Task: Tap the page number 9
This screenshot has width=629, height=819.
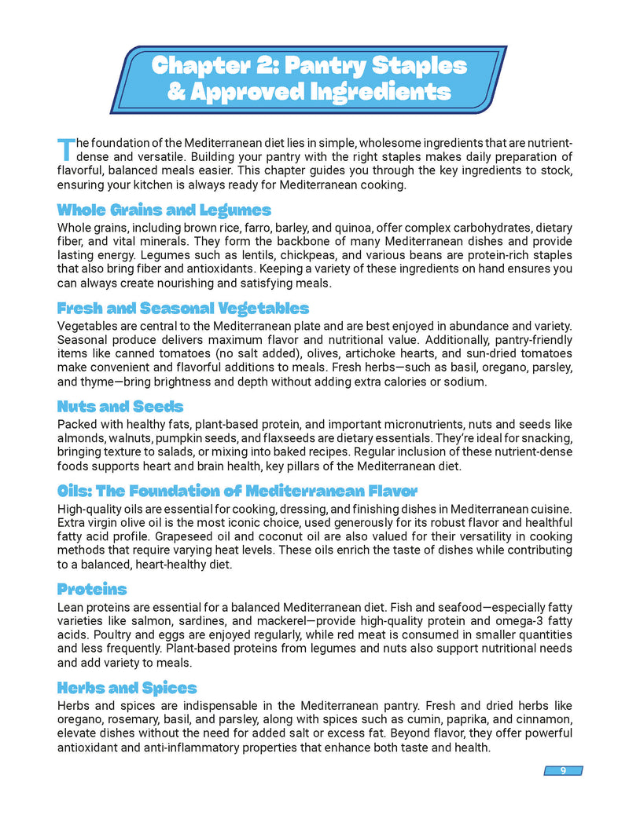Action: (563, 770)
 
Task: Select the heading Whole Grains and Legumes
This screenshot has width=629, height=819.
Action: (164, 210)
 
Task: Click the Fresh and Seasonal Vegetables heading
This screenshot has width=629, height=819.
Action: (183, 308)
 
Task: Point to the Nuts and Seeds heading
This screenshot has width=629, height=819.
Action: (120, 406)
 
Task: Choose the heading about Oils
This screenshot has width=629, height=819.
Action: (237, 492)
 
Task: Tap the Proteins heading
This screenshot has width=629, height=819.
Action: (92, 589)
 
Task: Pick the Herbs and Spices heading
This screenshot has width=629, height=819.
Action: (127, 688)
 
